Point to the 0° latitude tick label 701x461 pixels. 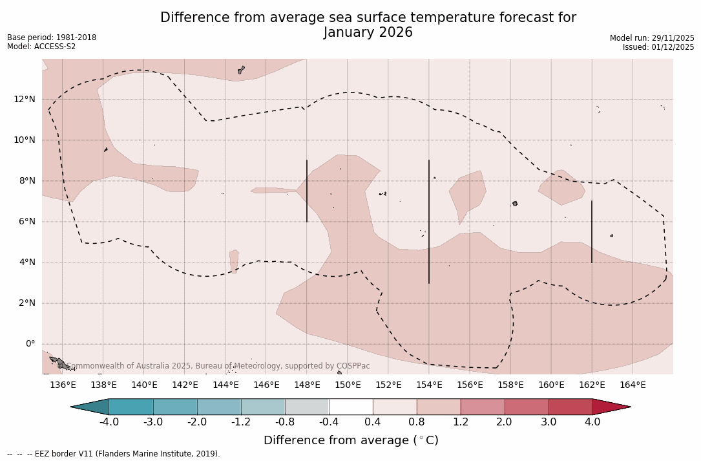click(x=30, y=344)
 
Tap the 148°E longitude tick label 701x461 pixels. click(x=307, y=385)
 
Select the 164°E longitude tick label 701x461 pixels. click(x=633, y=385)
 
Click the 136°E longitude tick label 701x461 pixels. click(x=63, y=385)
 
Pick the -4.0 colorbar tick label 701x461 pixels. click(x=109, y=422)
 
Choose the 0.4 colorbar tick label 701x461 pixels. click(x=373, y=422)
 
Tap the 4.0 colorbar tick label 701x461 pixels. click(x=592, y=422)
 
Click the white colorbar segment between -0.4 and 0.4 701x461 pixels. click(x=351, y=407)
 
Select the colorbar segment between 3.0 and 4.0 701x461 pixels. click(x=570, y=407)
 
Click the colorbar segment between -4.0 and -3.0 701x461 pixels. click(x=131, y=407)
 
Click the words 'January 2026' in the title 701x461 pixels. click(x=368, y=32)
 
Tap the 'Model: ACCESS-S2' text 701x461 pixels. click(x=41, y=47)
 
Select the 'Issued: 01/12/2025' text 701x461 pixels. click(x=658, y=47)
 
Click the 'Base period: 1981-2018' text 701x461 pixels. click(x=52, y=38)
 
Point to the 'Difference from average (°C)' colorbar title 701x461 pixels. click(x=351, y=440)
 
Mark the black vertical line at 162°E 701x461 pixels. click(x=591, y=231)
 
